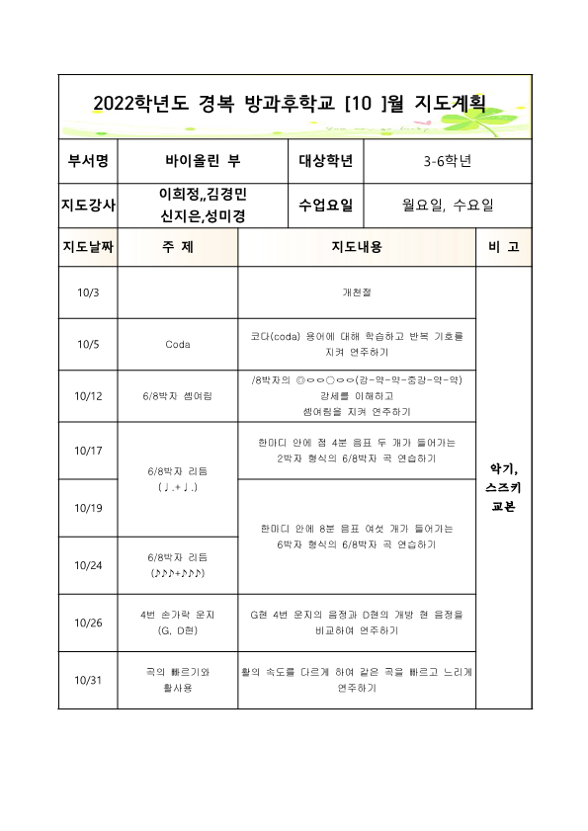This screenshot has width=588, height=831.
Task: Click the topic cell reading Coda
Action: (177, 345)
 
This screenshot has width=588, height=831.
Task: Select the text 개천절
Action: (357, 292)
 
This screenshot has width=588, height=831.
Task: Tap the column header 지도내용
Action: (357, 247)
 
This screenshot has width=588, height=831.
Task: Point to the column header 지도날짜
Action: (88, 247)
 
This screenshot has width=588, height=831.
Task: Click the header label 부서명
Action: (88, 159)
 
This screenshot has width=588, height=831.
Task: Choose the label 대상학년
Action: (325, 159)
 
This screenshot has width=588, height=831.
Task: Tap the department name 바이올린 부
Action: (202, 159)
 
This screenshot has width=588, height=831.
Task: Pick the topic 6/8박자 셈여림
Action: (177, 396)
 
